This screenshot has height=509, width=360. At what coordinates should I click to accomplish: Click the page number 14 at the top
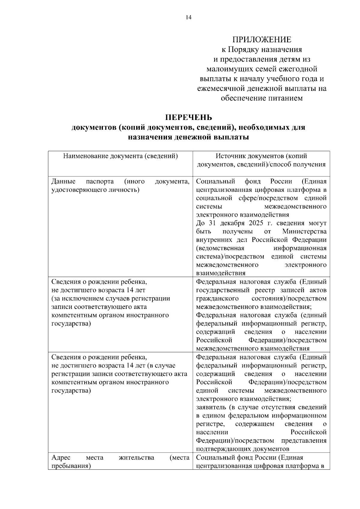188,17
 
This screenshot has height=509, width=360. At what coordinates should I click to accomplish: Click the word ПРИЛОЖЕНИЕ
262,40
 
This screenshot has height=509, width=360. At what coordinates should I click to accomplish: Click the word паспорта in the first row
100,181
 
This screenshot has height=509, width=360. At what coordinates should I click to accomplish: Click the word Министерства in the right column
304,232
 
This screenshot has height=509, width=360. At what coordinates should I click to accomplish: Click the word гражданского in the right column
217,299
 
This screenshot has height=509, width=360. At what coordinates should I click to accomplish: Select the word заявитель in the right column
211,407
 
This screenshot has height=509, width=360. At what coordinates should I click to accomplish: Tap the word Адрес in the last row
61,458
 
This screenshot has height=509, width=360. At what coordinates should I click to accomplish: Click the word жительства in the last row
136,458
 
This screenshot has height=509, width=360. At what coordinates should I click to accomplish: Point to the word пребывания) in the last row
71,466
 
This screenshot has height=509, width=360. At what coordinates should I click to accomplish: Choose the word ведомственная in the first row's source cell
220,248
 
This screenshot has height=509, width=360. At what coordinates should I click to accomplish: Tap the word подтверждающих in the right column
220,449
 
